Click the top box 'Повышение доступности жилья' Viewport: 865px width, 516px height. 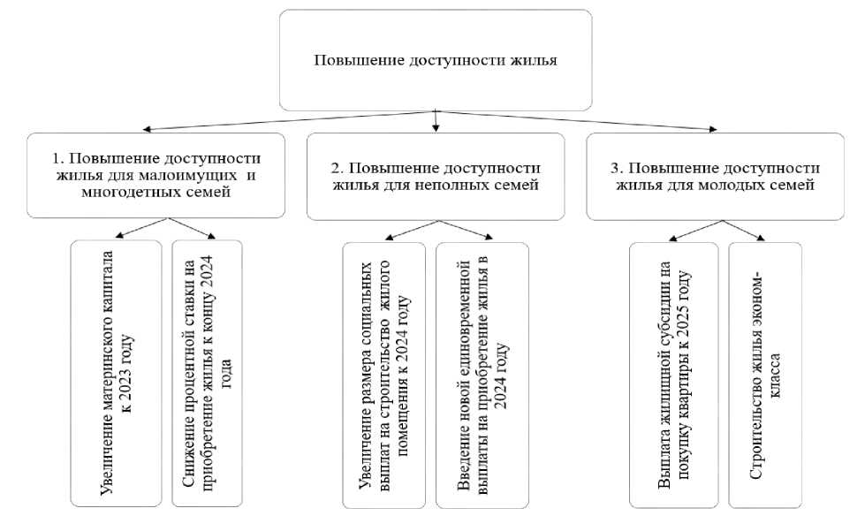[x=436, y=60]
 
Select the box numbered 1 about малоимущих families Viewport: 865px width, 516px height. [x=156, y=175]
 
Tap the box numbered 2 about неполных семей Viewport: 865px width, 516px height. [x=436, y=177]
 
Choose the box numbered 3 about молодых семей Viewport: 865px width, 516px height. [x=715, y=177]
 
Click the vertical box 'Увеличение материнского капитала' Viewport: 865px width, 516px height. [x=117, y=373]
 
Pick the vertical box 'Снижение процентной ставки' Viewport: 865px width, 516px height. [x=207, y=373]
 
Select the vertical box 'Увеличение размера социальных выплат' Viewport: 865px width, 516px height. [x=384, y=376]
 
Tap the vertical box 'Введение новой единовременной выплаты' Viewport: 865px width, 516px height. [x=482, y=376]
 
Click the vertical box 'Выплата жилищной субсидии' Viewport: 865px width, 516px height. [x=673, y=376]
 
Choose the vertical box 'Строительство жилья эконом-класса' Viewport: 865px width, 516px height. [x=765, y=376]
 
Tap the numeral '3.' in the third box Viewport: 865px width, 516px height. [x=617, y=168]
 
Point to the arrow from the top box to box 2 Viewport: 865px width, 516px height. [x=436, y=121]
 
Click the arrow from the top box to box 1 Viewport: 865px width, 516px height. [x=289, y=121]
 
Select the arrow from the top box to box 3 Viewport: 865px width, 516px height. [x=576, y=121]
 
